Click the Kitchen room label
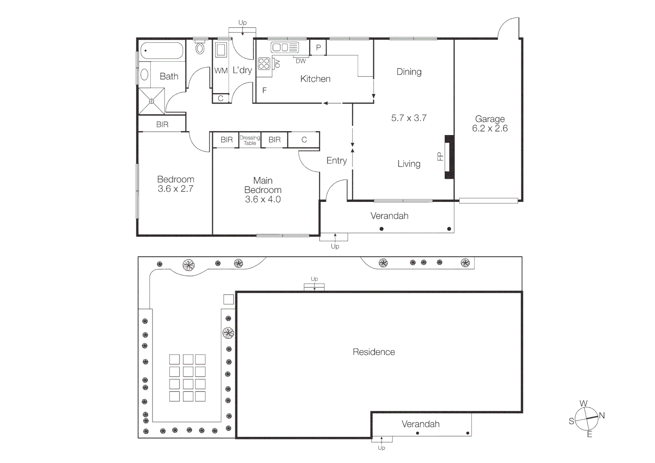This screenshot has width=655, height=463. coord(315,79)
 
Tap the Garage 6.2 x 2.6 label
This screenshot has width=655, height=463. coord(490,123)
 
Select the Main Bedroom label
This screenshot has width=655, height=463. coord(263,189)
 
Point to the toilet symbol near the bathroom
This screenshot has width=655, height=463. coord(200,48)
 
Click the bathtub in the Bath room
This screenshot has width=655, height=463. coord(162,51)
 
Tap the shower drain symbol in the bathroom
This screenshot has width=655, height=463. coord(151,101)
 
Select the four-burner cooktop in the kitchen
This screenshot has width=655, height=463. coord(264,64)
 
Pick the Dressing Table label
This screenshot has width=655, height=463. coord(250,140)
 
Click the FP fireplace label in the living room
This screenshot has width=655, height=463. coord(440,156)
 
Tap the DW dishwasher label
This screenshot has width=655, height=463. coord(301,61)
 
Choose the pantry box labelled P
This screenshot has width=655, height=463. coord(318,48)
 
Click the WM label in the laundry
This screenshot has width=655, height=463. coord(221,71)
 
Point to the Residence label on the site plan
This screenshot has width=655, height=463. coord(374,352)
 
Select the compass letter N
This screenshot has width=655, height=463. coord(601,415)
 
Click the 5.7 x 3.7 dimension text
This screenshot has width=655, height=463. coord(409,118)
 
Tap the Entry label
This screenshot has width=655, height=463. coord(336,160)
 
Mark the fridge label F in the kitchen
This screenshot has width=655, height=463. coord(264,90)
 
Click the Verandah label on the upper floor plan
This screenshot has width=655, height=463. coord(389,216)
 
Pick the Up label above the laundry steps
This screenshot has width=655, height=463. coord(242,23)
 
